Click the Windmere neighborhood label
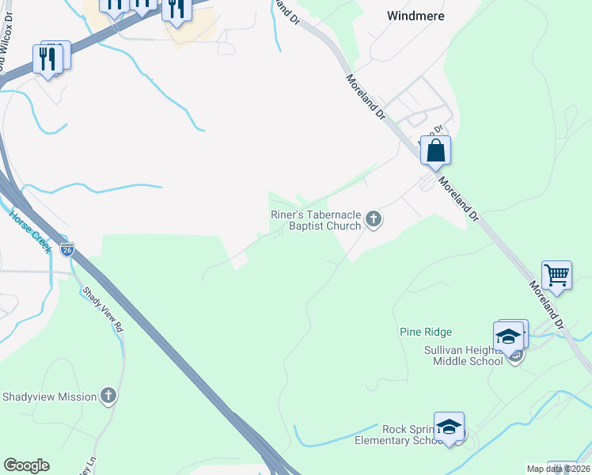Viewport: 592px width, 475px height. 416,16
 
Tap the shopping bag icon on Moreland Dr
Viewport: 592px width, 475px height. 436,150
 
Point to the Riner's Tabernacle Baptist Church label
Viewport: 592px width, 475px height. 314,220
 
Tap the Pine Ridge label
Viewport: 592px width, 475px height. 426,332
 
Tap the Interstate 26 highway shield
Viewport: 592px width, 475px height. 68,250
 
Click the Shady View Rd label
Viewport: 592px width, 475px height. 104,308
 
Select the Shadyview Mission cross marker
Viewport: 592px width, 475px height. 108,396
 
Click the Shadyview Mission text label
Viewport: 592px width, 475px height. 50,397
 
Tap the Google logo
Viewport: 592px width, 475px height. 26,465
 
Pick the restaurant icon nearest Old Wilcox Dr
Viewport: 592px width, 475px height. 47,58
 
